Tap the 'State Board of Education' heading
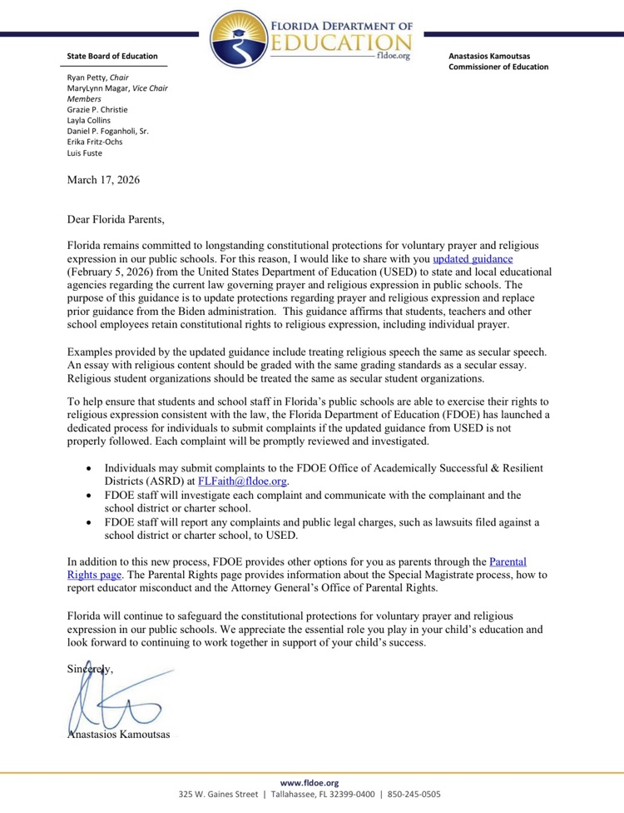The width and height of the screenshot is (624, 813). pyautogui.click(x=111, y=56)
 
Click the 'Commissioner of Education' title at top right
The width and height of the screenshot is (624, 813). pyautogui.click(x=498, y=67)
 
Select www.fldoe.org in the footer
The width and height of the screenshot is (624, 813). pyautogui.click(x=310, y=783)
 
